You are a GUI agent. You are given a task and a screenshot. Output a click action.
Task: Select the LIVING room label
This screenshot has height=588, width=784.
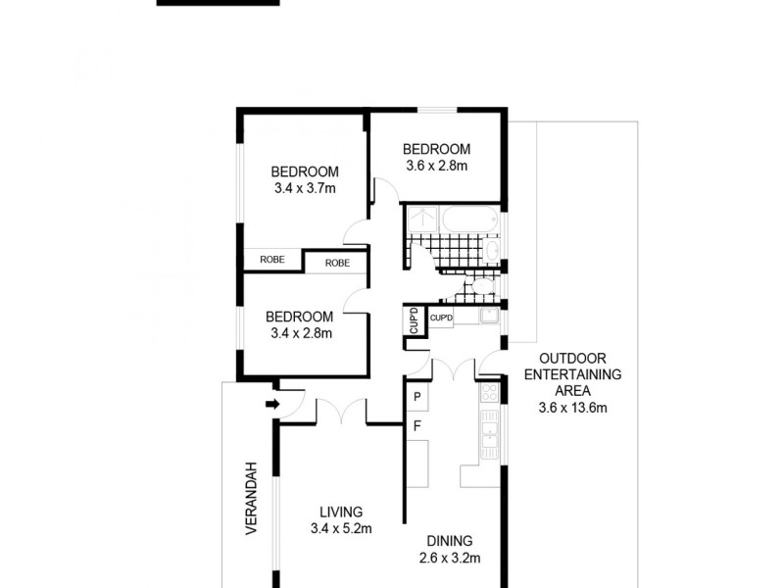340,512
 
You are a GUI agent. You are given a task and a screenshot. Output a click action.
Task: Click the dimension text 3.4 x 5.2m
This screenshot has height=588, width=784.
340,529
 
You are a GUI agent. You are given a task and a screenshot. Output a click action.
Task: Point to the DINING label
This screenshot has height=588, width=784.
451,540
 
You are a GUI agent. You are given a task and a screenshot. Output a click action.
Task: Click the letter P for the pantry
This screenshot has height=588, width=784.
416,397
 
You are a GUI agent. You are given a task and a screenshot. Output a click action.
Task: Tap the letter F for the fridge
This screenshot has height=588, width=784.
416,426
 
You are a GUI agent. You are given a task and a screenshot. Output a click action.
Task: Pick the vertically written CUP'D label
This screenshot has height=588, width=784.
413,321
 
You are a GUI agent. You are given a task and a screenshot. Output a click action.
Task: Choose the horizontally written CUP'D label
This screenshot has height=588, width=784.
441,318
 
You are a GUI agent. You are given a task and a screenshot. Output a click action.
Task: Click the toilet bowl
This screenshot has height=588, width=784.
481,286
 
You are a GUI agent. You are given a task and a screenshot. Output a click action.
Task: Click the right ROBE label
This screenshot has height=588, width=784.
336,263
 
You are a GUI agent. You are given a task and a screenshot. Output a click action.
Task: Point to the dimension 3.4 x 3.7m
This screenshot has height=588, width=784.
305,186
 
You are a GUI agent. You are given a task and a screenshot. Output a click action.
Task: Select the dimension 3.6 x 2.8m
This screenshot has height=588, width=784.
437,166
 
